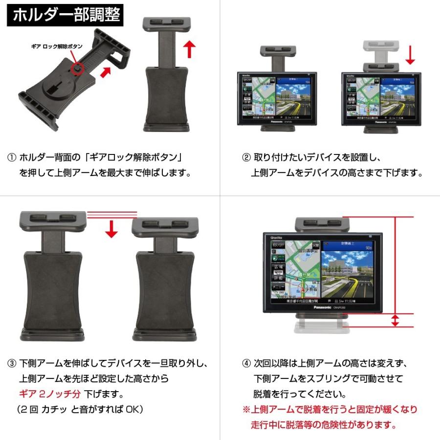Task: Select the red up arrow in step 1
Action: click(x=190, y=49)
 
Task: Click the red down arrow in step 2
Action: click(x=410, y=55)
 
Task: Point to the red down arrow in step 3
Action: click(x=112, y=228)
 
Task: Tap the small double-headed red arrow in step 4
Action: click(x=395, y=321)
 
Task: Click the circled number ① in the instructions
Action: click(x=12, y=158)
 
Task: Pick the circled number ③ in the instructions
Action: click(x=12, y=364)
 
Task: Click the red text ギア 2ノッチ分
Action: click(x=49, y=394)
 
